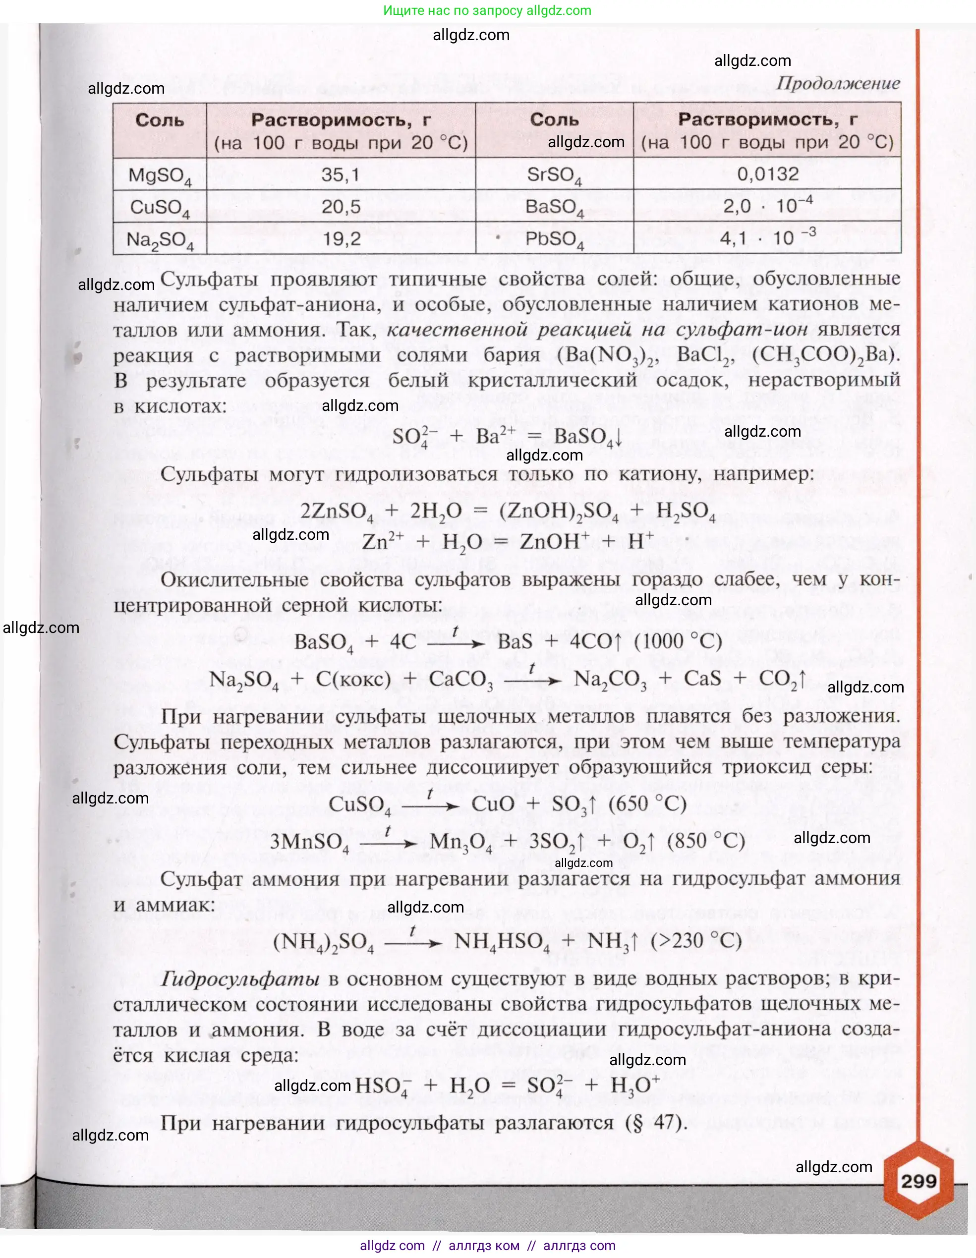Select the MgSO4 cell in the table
tap(160, 175)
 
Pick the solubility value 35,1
tap(341, 174)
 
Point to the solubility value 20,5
tap(341, 206)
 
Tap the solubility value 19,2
tap(341, 238)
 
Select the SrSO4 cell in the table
tap(554, 175)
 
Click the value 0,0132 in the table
tap(767, 174)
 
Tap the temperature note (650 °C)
tap(647, 804)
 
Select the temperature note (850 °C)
tap(706, 841)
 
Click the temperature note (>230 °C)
tap(696, 941)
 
